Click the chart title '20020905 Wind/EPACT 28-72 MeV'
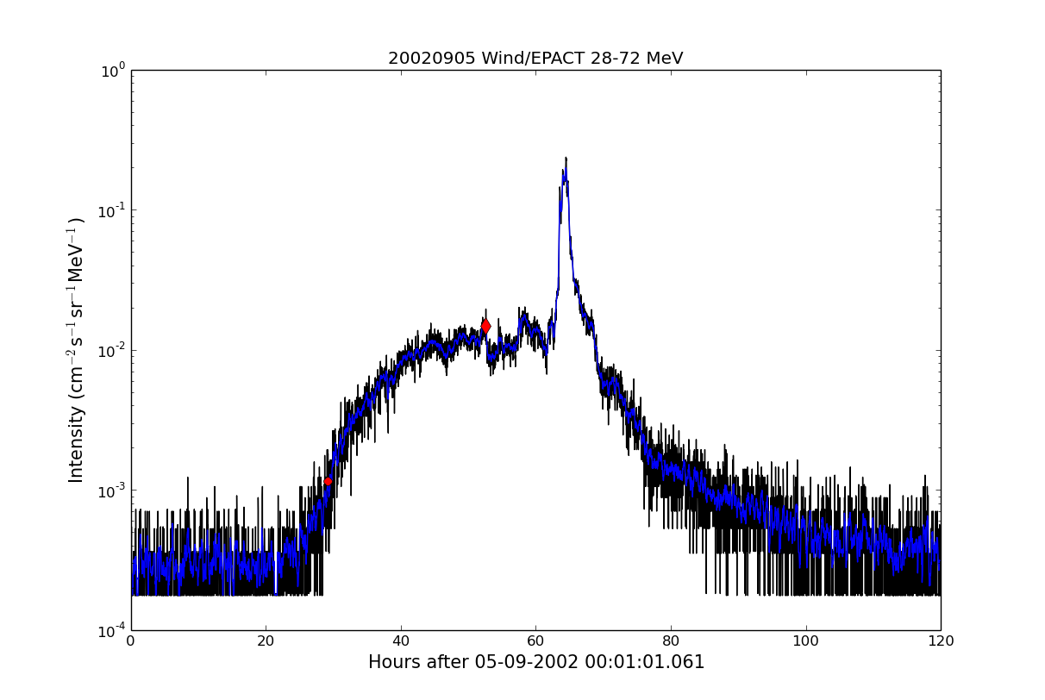pyautogui.click(x=535, y=59)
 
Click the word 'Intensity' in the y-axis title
pyautogui.click(x=77, y=443)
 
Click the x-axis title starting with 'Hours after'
pyautogui.click(x=536, y=662)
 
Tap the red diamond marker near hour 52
pyautogui.click(x=485, y=326)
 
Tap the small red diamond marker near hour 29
pyautogui.click(x=328, y=481)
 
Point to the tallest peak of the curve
pyautogui.click(x=566, y=159)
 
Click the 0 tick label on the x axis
pyautogui.click(x=131, y=641)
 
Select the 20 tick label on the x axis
pyautogui.click(x=266, y=641)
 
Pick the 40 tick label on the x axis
pyautogui.click(x=401, y=641)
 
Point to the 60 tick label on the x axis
pyautogui.click(x=535, y=641)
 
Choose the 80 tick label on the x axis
pyautogui.click(x=671, y=641)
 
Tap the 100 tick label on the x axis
pyautogui.click(x=805, y=641)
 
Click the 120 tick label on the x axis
pyautogui.click(x=941, y=641)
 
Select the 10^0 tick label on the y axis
pyautogui.click(x=114, y=70)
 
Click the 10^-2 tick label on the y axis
pyautogui.click(x=112, y=350)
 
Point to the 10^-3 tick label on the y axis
pyautogui.click(x=112, y=490)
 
